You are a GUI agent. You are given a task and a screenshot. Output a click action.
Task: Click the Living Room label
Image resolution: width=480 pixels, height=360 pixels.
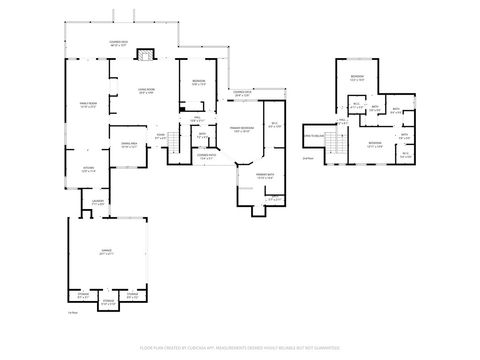(x=146, y=92)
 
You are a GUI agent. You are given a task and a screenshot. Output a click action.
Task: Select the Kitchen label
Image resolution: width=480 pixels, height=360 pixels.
(x=88, y=168)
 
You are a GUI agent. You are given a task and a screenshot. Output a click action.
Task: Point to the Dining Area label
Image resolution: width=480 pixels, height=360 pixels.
(x=129, y=146)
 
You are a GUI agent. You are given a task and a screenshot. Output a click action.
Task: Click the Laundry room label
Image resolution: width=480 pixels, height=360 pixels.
(x=97, y=204)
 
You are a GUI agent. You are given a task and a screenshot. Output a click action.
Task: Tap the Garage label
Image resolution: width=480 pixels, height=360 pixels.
(x=106, y=254)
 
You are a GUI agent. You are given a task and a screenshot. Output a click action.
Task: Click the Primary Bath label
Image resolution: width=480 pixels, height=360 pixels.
(x=251, y=177)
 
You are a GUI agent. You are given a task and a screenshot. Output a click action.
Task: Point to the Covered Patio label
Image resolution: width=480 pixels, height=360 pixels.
(x=207, y=156)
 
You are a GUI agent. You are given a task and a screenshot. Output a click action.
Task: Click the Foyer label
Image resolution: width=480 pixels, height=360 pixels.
(x=160, y=137)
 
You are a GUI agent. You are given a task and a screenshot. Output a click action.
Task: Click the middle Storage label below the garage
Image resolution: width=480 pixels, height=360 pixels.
(x=107, y=300)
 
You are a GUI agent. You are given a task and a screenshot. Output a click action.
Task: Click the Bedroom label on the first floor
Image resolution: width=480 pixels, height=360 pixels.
(x=199, y=83)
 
